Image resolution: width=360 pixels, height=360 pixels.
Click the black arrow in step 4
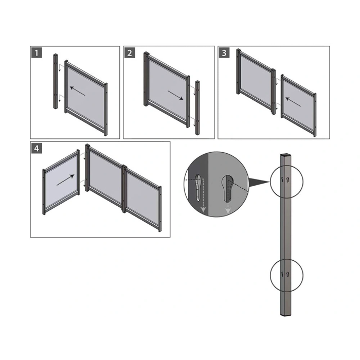(65, 179)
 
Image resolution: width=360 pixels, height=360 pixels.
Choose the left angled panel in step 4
(61, 183)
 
